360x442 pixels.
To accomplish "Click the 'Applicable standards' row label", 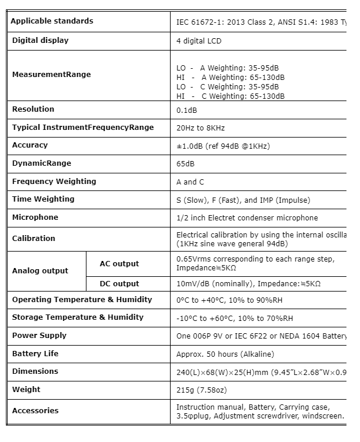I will coord(52,21).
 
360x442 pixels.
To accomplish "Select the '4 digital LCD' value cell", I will coord(199,41).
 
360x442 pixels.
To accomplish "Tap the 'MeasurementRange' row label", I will coord(51,75).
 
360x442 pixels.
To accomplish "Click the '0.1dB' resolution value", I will coord(187,110).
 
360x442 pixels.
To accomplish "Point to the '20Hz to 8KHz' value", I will coord(201,128).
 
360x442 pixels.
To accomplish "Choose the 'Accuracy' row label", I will coord(30,145).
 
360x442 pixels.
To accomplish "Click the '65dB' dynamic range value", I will coord(185,164).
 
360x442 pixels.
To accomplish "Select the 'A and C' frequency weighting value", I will coord(191,182).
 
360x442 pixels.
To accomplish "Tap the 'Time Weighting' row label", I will coord(44,199).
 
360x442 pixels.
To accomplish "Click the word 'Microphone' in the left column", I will coord(35,217).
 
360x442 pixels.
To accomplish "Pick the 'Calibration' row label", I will coord(34,238).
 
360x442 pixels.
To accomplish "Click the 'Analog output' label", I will coord(40,271).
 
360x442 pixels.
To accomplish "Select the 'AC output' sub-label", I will coord(119,264).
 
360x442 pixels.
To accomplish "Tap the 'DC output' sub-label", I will coord(119,284).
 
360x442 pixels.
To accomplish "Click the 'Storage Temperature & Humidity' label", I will coord(78,317).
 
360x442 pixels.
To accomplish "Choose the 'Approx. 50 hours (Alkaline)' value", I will coord(225,354).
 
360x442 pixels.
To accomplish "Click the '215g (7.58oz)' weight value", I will coord(202,390).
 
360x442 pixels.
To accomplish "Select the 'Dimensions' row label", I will coord(35,371).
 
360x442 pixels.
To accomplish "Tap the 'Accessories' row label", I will coord(35,411).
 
